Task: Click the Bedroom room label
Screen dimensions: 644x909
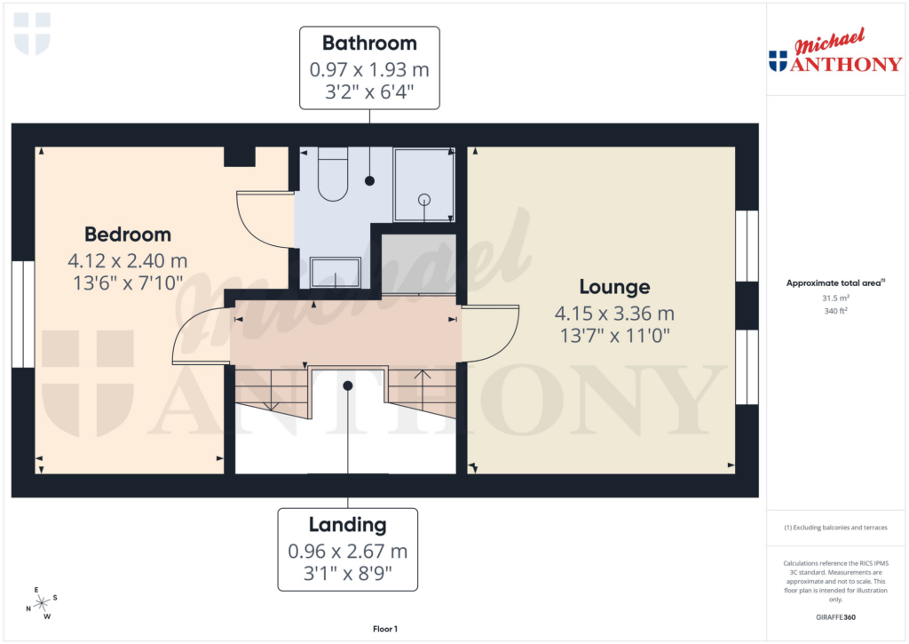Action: (x=128, y=235)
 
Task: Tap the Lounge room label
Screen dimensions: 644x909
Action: (x=614, y=287)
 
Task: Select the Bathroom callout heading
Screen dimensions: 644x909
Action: (x=369, y=43)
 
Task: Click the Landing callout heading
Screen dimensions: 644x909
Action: (x=348, y=524)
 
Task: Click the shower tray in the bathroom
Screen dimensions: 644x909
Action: (x=423, y=185)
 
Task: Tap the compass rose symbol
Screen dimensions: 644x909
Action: (x=41, y=604)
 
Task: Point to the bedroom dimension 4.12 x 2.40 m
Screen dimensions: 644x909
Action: (x=128, y=261)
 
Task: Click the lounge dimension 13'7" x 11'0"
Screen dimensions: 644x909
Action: (x=614, y=335)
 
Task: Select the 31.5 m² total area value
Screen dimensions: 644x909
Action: (x=834, y=298)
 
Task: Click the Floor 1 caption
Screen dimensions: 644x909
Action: (x=384, y=629)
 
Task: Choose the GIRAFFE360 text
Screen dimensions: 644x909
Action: (x=834, y=617)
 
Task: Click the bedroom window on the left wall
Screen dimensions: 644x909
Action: (x=23, y=314)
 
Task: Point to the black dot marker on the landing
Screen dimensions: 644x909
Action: (x=348, y=386)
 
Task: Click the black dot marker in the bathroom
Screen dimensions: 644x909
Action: (x=369, y=180)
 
